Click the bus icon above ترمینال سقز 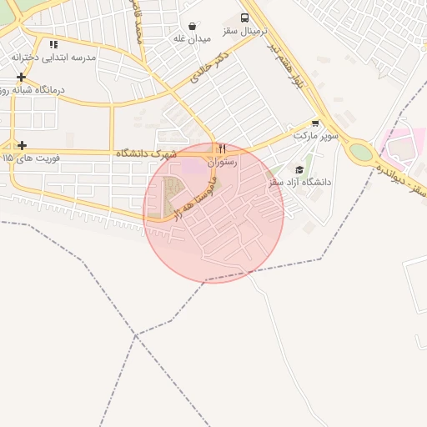[x=244, y=18]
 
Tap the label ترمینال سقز [x=244, y=31]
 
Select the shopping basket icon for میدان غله [x=193, y=27]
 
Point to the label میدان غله [x=191, y=39]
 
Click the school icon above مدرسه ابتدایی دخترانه [x=53, y=44]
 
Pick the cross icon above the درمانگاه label [x=22, y=77]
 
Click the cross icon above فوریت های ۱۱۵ [x=22, y=145]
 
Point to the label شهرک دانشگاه [x=147, y=153]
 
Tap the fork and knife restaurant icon [x=222, y=150]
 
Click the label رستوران [x=223, y=163]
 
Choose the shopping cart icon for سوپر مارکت [x=314, y=122]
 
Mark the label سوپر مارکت [x=314, y=134]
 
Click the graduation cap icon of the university [x=299, y=169]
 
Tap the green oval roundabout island [x=361, y=152]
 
